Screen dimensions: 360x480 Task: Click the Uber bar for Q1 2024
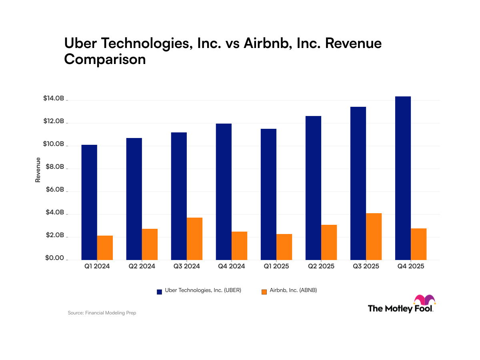[x=89, y=202]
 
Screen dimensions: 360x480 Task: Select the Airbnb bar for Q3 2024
[x=194, y=238]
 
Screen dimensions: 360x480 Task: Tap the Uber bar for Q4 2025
[x=403, y=178]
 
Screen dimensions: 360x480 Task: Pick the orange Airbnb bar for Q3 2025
[x=374, y=236]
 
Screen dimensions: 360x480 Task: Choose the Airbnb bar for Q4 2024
[x=239, y=246]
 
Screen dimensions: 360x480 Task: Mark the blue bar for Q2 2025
[x=313, y=188]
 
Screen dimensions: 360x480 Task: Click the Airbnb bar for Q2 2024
[x=150, y=244]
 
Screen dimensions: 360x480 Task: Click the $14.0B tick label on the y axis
[x=53, y=98]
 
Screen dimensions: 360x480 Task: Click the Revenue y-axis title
[x=38, y=170]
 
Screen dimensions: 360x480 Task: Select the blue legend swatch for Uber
[x=159, y=292]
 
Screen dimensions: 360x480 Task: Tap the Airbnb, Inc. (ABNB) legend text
[x=293, y=291]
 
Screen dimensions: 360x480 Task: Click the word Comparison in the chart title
[x=105, y=60]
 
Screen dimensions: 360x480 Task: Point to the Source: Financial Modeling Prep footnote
[x=102, y=313]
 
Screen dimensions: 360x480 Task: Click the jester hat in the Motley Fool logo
[x=424, y=300]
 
